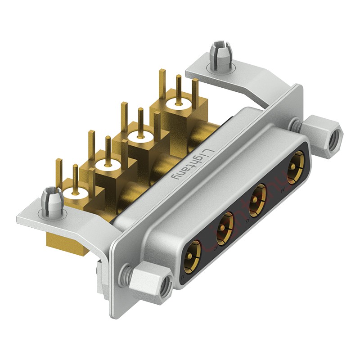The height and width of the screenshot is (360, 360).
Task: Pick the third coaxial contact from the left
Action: point(258,197)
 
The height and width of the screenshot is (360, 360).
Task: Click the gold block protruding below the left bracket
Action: point(67,245)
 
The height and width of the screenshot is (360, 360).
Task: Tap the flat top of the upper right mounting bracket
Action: point(252,76)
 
